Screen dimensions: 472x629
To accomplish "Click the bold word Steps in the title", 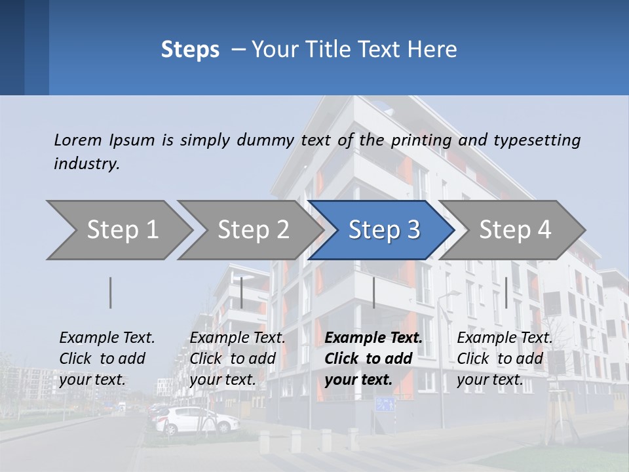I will coord(190,50).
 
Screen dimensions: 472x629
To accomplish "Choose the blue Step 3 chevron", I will coord(381,230).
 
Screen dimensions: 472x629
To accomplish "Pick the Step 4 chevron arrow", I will coord(512,230).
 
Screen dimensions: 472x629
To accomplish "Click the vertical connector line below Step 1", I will coord(111,292).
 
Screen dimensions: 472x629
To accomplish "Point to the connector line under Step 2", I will coord(242,292).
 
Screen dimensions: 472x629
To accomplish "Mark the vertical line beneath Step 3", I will coord(373,292).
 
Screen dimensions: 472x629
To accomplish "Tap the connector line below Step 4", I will coord(506,292).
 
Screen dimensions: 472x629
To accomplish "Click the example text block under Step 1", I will coord(107,359).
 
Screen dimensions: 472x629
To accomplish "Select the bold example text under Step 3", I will coord(373,359).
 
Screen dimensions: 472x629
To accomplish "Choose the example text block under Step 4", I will coord(505,359).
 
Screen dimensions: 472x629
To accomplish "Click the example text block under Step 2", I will coord(237,359).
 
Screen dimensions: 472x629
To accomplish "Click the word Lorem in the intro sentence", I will coord(78,140).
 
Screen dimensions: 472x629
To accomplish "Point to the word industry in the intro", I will coord(86,164).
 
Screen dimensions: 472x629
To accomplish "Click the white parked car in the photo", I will coord(197,420).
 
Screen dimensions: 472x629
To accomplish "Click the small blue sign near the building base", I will coord(385,404).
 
